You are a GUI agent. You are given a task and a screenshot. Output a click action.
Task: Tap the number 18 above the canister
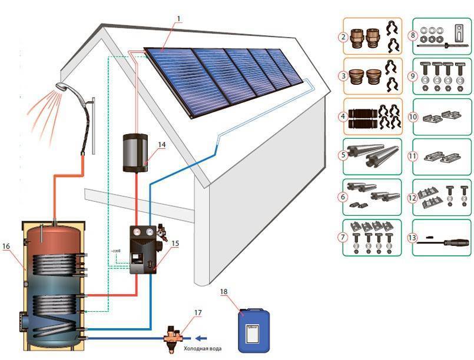223,292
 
